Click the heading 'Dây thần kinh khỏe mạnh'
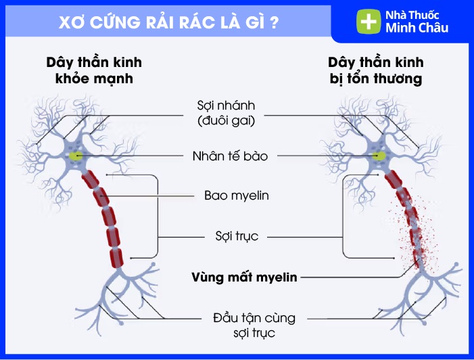tap(94, 70)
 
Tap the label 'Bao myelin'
tap(236, 196)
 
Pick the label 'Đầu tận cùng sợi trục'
tap(244, 325)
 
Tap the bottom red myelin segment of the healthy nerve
tap(119, 256)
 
